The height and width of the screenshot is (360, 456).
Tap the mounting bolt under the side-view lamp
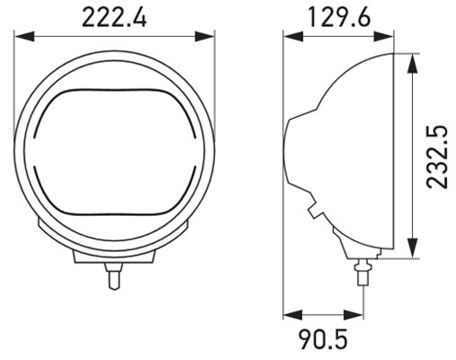(x=364, y=267)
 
